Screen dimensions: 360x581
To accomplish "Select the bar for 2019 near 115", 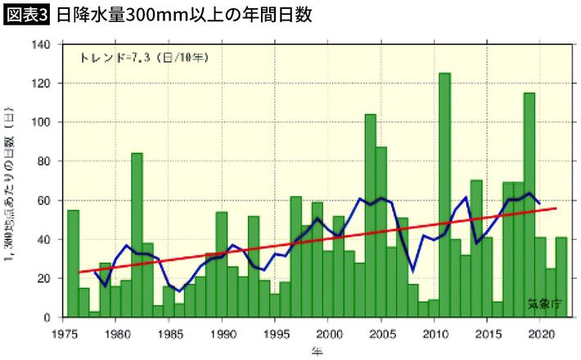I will point(529,205).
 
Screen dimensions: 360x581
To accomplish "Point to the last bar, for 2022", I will point(561,277).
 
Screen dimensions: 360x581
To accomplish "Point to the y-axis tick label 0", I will point(47,317).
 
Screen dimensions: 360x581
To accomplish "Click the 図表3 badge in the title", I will point(27,16).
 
